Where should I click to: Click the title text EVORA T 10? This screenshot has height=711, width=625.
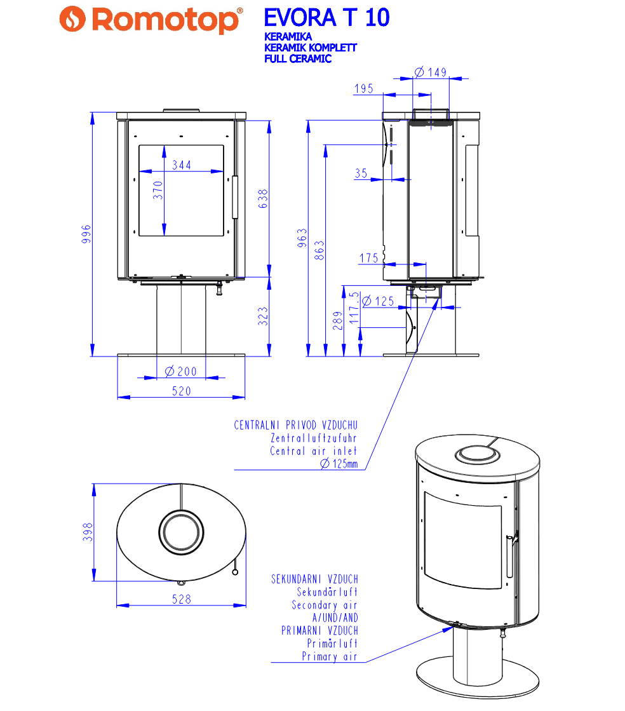coord(326,18)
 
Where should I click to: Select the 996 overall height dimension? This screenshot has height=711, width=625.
coord(87,234)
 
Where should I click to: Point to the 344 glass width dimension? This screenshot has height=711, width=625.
coord(181,165)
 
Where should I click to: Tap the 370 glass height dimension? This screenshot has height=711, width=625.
coord(159,191)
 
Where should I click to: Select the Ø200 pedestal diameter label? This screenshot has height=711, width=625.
coord(180,371)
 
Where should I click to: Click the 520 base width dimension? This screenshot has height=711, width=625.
coord(181,391)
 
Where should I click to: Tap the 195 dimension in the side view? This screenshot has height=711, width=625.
coord(363,89)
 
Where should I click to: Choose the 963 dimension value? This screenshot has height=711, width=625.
coord(302,238)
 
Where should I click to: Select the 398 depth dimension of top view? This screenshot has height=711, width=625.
coord(88,532)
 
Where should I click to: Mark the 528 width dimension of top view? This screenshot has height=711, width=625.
coord(182,599)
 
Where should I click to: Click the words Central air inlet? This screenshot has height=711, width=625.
coord(313,451)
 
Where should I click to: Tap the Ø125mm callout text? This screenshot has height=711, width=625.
coord(339,464)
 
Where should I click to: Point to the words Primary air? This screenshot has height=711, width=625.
coord(329,656)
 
